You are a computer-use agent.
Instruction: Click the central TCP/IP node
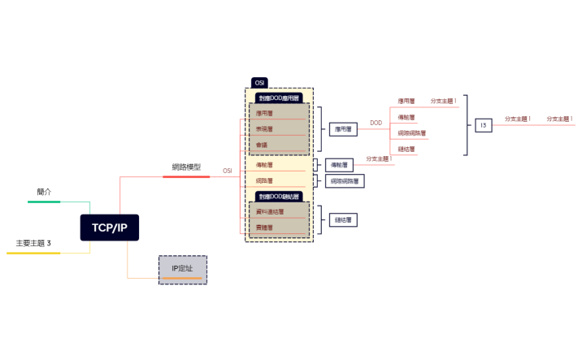pyautogui.click(x=109, y=228)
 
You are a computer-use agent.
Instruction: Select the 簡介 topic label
pyautogui.click(x=44, y=192)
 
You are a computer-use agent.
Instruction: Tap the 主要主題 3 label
pyautogui.click(x=33, y=244)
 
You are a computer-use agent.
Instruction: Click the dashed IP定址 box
pyautogui.click(x=182, y=269)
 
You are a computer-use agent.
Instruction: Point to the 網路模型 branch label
pyautogui.click(x=186, y=167)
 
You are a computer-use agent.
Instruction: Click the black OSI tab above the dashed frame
pyautogui.click(x=260, y=83)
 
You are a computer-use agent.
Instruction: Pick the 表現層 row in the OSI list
pyautogui.click(x=264, y=128)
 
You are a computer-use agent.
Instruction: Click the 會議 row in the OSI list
pyautogui.click(x=262, y=145)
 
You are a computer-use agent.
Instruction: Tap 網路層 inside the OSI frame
pyautogui.click(x=264, y=180)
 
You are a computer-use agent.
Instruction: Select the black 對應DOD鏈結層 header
pyautogui.click(x=279, y=197)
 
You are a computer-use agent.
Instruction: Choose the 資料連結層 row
pyautogui.click(x=270, y=211)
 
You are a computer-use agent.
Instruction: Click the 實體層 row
pyautogui.click(x=264, y=228)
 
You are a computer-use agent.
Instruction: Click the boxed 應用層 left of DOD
pyautogui.click(x=343, y=128)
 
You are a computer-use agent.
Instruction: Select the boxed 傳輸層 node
pyautogui.click(x=340, y=165)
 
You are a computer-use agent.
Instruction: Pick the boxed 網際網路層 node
pyautogui.click(x=346, y=181)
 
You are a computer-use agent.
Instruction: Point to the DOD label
pyautogui.click(x=376, y=124)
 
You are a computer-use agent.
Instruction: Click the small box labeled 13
pyautogui.click(x=483, y=125)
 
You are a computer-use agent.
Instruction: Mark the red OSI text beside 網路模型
pyautogui.click(x=228, y=171)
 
